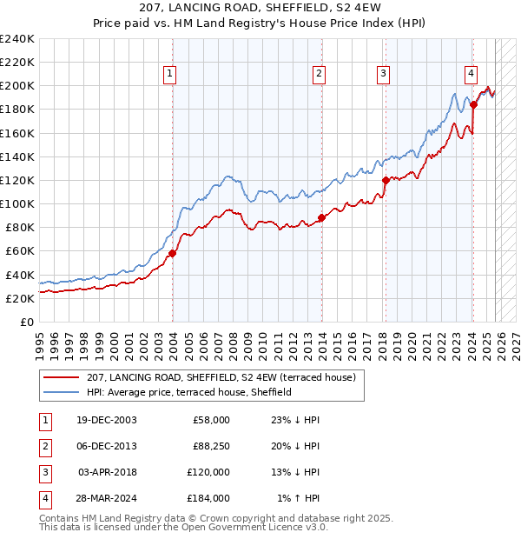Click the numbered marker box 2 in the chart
(x=320, y=74)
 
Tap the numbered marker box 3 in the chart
(x=383, y=74)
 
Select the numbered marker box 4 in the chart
(x=470, y=74)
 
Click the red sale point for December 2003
(x=172, y=253)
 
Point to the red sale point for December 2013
(x=321, y=217)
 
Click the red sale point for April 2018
(x=386, y=181)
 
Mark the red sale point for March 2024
(x=474, y=105)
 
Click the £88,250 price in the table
(x=210, y=446)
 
